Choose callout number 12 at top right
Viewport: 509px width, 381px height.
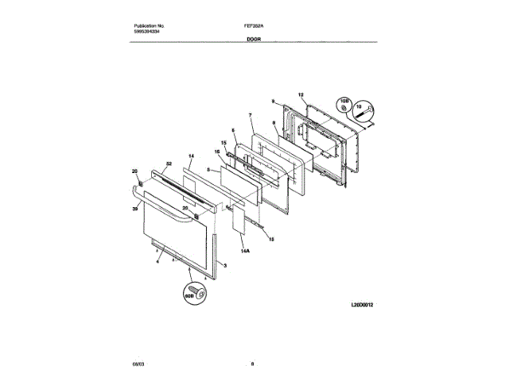coord(301,95)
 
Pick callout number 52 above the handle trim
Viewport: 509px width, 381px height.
coord(168,164)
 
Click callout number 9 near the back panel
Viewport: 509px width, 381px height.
coord(273,102)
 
